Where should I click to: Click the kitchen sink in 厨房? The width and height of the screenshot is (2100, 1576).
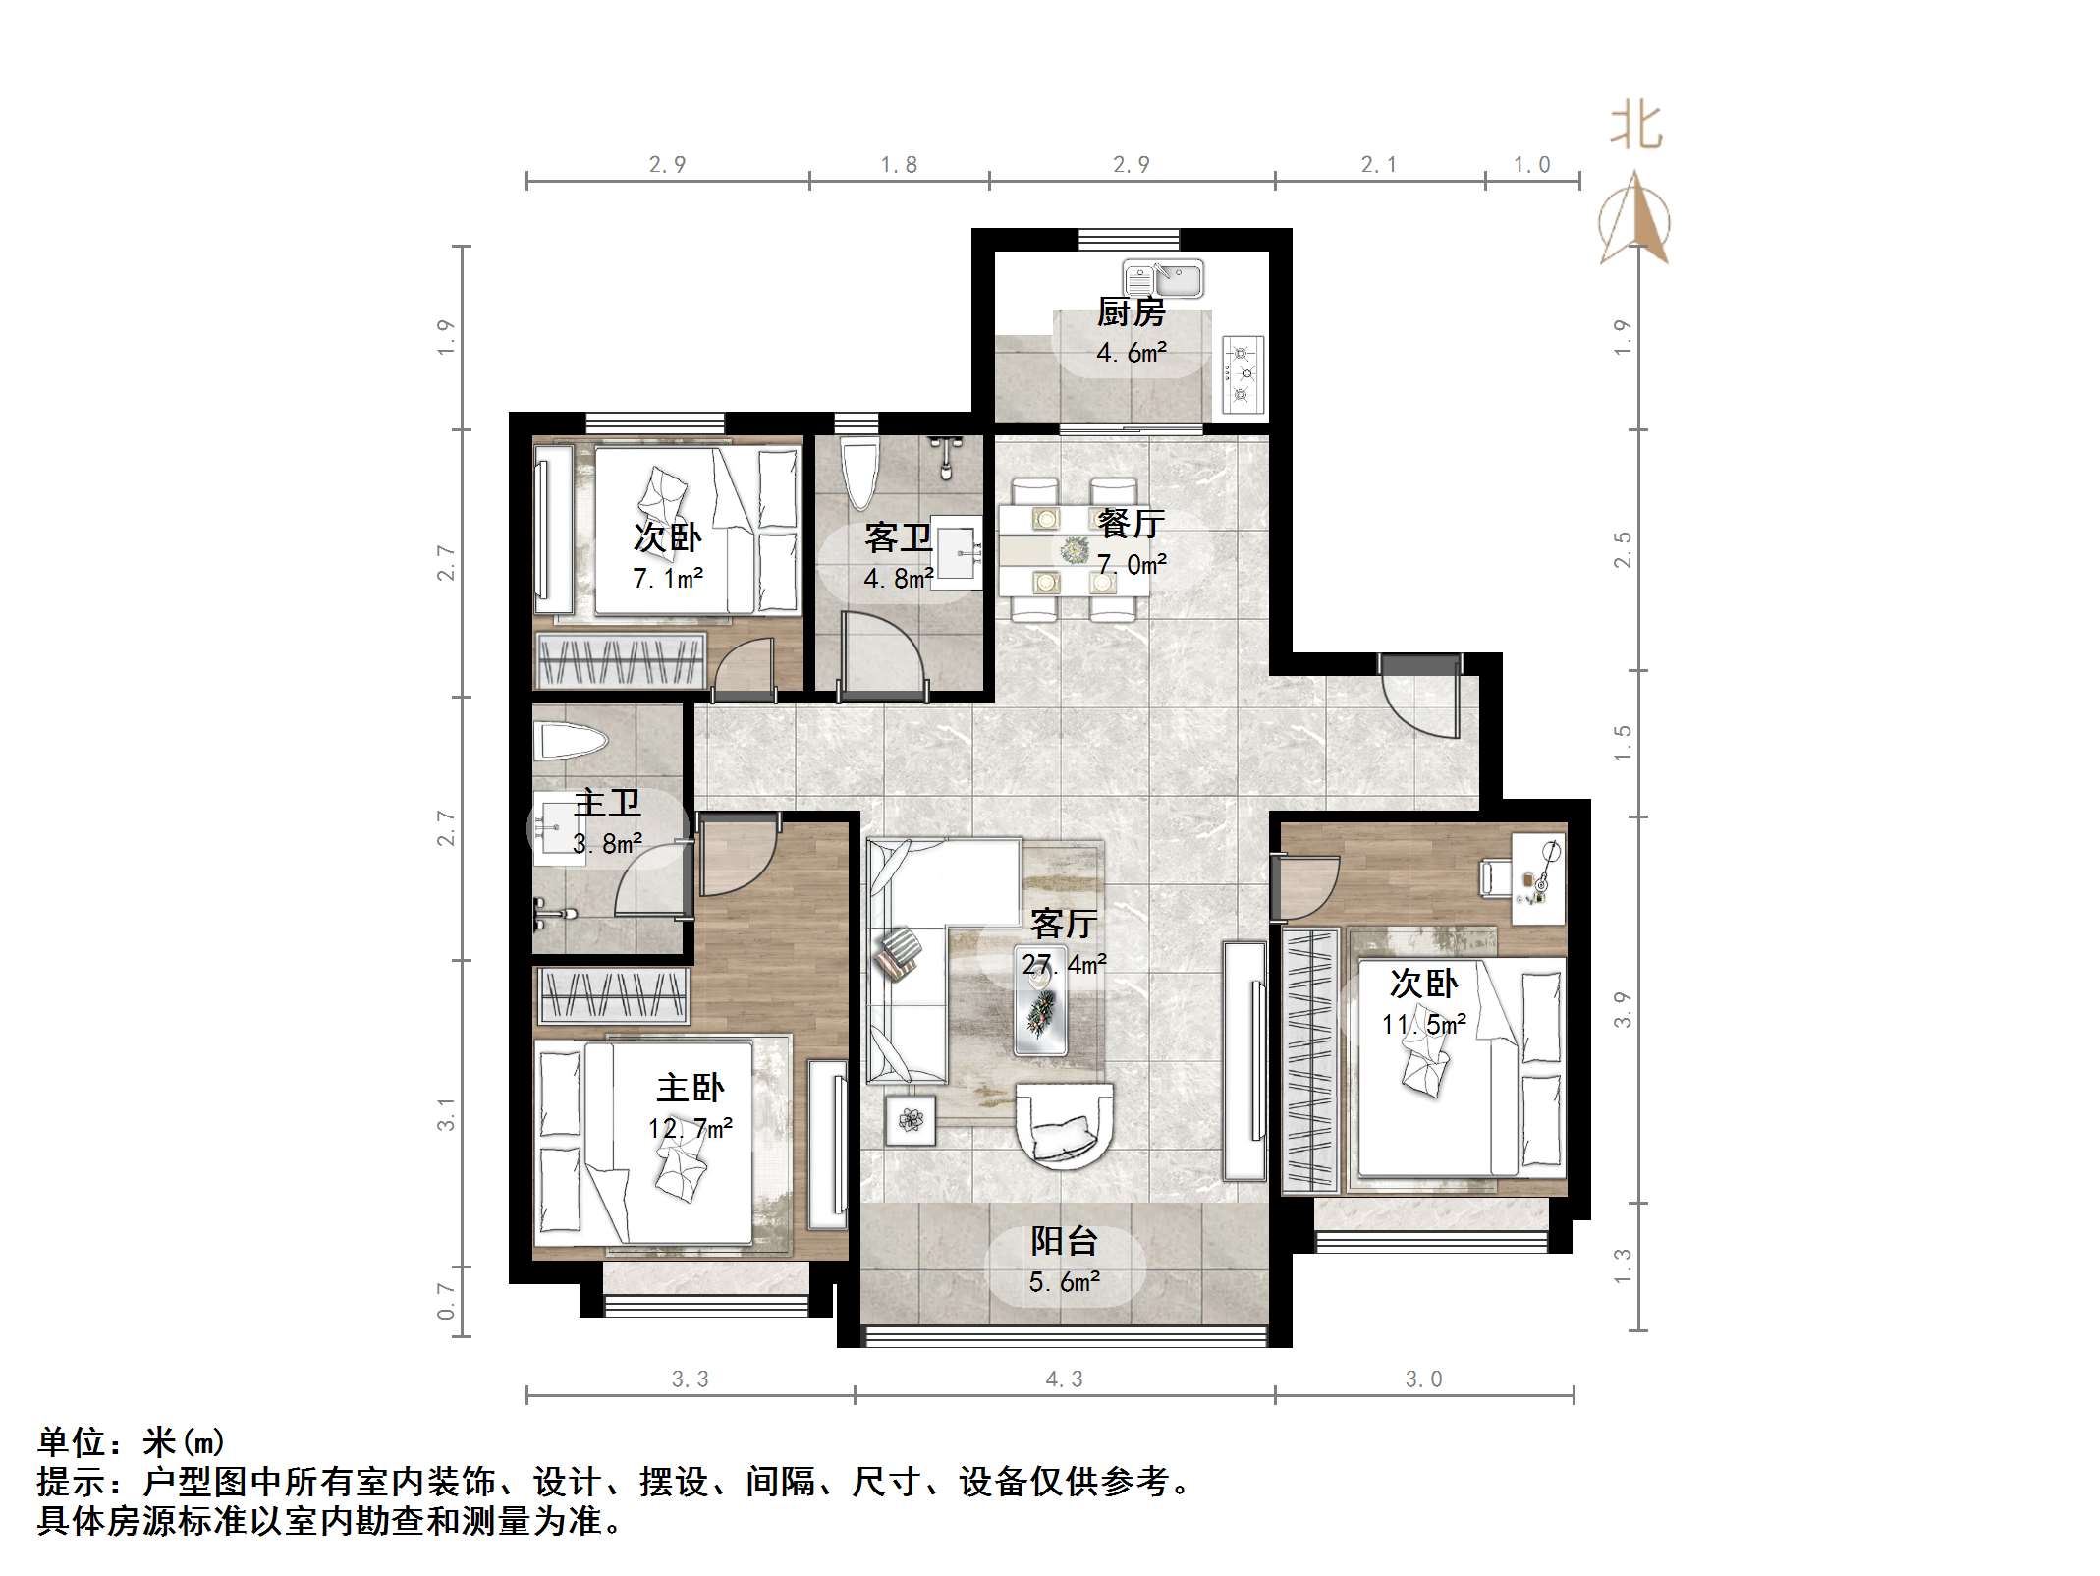click(1164, 279)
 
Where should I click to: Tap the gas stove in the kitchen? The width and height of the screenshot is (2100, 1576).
click(1243, 373)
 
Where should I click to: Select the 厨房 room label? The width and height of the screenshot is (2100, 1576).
click(1132, 313)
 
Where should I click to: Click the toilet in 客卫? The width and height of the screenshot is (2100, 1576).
click(860, 476)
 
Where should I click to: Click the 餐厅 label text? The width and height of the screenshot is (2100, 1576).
click(1132, 523)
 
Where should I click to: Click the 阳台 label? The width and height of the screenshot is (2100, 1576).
click(1064, 1241)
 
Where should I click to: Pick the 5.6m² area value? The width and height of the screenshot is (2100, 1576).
click(1064, 1282)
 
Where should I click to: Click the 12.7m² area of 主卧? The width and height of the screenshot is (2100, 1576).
click(691, 1129)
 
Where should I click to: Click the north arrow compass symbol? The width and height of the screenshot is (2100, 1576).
click(1634, 221)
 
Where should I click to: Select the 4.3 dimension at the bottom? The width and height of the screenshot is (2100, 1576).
click(1064, 1379)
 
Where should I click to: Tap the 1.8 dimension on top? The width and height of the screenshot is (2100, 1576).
click(899, 165)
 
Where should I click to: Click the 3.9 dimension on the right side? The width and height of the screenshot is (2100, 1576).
click(1622, 1010)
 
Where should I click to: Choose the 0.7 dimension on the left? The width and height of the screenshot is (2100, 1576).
click(446, 1300)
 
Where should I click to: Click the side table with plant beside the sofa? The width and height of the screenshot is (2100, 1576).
click(911, 1120)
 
